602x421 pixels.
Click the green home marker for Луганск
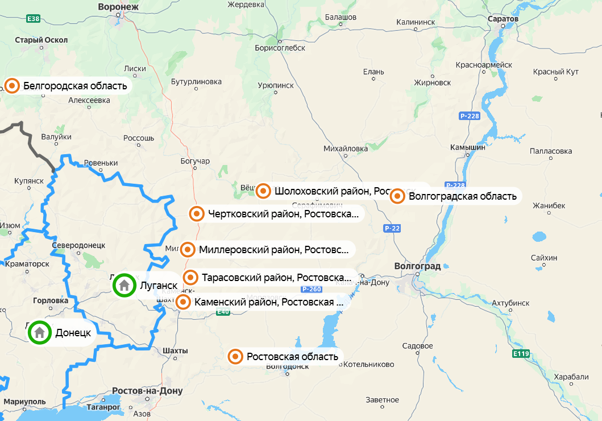[124, 286]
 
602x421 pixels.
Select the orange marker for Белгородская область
[13, 86]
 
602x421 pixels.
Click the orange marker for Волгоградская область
[397, 196]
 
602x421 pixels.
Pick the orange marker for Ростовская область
[235, 357]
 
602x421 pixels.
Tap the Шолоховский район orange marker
[263, 191]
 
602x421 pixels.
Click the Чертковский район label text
[283, 214]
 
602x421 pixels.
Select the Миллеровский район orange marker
[188, 249]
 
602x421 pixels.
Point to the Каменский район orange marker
[183, 302]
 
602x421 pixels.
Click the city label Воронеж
[118, 7]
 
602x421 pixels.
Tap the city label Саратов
[503, 19]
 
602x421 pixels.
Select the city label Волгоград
[417, 266]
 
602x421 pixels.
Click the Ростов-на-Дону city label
[148, 391]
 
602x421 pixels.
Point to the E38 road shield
[34, 19]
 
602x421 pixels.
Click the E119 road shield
[521, 354]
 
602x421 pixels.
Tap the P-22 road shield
[392, 228]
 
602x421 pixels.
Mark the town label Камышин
[467, 147]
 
